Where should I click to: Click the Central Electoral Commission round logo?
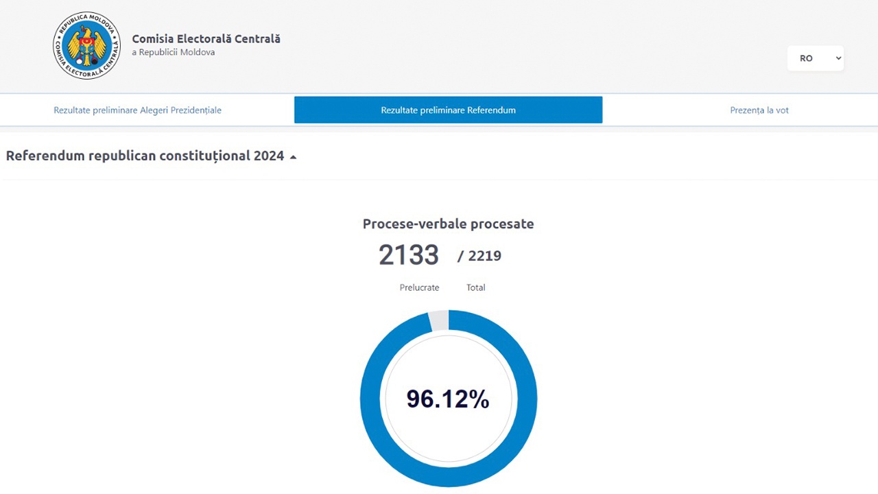point(86,45)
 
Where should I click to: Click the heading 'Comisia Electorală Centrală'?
point(206,39)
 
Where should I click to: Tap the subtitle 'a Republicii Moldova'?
point(174,52)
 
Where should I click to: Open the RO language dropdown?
point(816,58)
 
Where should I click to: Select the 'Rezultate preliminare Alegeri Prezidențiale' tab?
point(138,110)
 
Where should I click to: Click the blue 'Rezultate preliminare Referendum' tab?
point(449,110)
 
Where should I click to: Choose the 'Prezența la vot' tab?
point(759,110)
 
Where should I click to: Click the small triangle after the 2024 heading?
point(293,157)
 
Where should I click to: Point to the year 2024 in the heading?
point(269,156)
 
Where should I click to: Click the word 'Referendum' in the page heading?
point(45,156)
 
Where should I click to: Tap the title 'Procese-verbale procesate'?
point(449,224)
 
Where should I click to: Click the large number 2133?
point(409,255)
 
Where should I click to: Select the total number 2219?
point(485,256)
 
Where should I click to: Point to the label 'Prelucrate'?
point(419,287)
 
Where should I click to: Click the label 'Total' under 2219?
point(476,287)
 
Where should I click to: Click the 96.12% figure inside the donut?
point(448,399)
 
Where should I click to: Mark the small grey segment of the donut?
point(439,320)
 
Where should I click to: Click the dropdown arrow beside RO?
point(838,58)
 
